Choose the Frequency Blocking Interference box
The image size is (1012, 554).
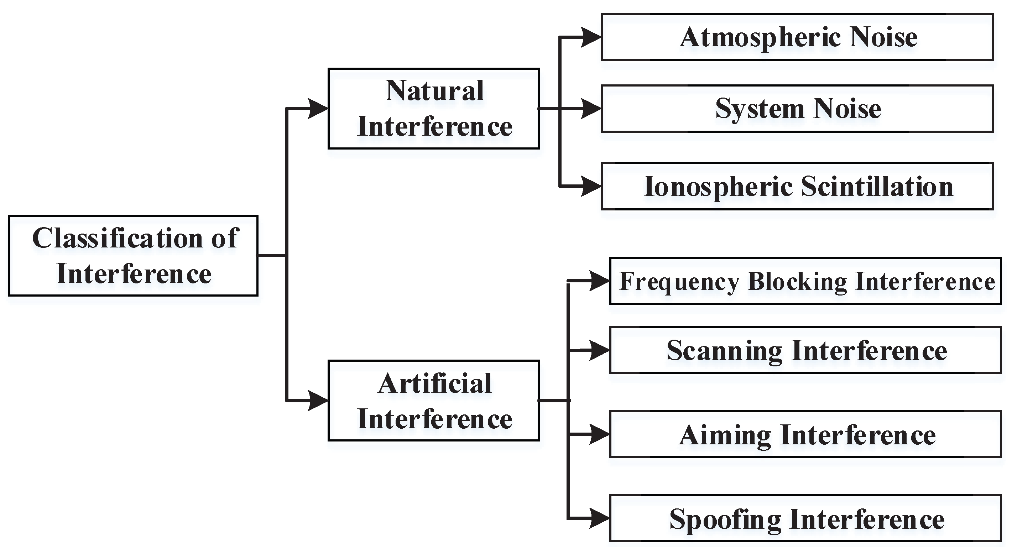(x=805, y=281)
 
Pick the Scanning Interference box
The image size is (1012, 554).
(x=805, y=350)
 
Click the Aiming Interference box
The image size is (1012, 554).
(x=805, y=435)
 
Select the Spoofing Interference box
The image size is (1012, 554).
(x=805, y=519)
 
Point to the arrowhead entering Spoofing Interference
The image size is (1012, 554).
(x=599, y=519)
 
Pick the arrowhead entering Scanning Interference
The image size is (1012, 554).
(x=599, y=350)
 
